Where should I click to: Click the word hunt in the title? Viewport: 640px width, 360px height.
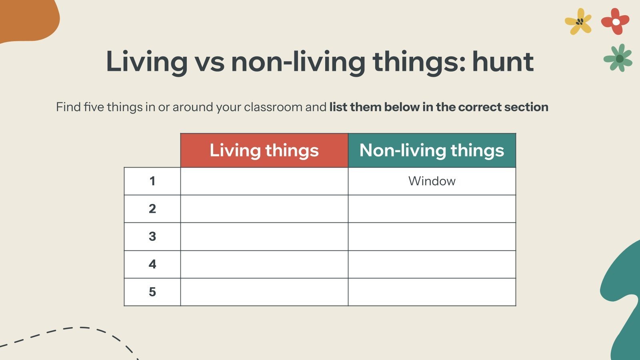(x=503, y=62)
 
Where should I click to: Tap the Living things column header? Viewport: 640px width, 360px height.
(x=264, y=150)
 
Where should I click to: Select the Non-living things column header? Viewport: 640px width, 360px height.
(x=432, y=150)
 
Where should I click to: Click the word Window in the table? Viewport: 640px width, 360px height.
(x=432, y=181)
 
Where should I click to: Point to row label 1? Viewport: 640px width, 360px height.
(x=152, y=181)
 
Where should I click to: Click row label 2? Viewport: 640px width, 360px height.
(x=152, y=209)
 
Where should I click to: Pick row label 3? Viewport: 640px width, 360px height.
(x=152, y=236)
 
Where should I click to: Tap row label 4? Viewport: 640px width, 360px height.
(x=152, y=264)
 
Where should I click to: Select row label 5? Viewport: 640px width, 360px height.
(x=152, y=292)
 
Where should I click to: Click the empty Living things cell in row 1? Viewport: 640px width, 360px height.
(x=264, y=181)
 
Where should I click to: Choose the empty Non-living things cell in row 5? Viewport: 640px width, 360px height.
(x=432, y=292)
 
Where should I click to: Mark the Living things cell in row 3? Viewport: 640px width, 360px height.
(x=264, y=236)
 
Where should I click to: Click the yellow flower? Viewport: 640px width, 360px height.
(x=578, y=21)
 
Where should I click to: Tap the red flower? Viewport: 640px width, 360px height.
(x=615, y=21)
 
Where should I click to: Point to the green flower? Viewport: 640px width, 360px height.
(x=618, y=58)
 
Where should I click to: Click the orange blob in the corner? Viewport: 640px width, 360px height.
(x=26, y=18)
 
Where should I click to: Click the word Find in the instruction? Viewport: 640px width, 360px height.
(x=68, y=107)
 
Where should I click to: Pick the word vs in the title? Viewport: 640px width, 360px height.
(x=209, y=62)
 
